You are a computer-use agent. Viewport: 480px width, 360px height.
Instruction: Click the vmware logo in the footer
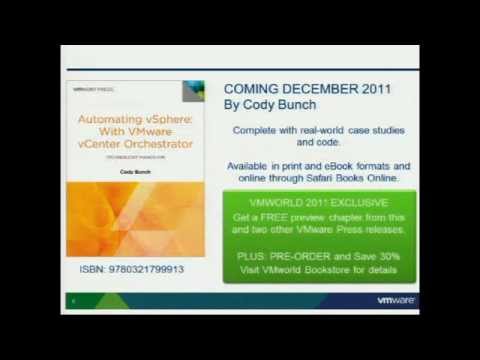point(396,300)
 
